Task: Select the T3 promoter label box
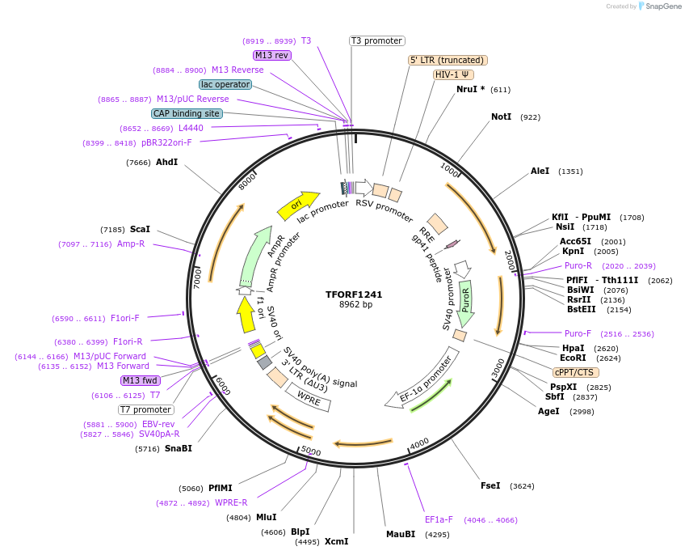376,40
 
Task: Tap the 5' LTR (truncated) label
448,60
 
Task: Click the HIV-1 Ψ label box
453,74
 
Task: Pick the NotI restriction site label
501,117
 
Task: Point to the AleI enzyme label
540,172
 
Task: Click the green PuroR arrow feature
465,301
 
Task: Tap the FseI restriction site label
490,486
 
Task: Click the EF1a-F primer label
439,520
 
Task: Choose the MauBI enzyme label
400,534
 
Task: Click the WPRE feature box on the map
309,396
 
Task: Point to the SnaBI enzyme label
179,448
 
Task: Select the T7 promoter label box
145,409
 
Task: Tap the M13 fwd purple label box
140,380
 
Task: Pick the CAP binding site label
187,113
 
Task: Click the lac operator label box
225,84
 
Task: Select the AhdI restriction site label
166,163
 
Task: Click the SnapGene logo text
663,6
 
